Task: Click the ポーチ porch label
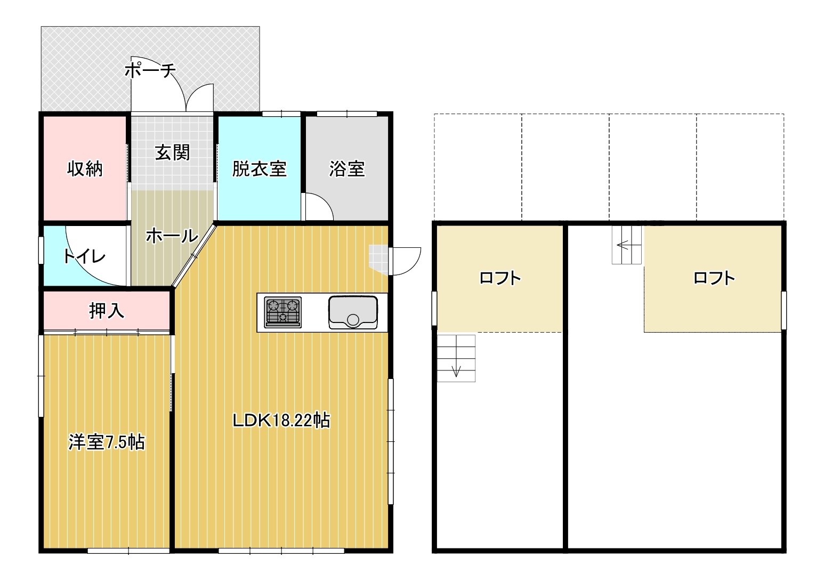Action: click(x=150, y=70)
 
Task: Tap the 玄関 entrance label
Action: click(x=172, y=152)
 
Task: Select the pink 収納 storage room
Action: click(x=85, y=168)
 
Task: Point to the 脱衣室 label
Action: click(x=260, y=169)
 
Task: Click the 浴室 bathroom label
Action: click(x=347, y=169)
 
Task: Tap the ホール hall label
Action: click(x=172, y=236)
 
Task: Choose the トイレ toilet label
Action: click(x=84, y=256)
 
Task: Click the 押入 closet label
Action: click(x=107, y=311)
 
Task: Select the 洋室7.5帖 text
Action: click(x=107, y=442)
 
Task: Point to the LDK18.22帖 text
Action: click(x=281, y=420)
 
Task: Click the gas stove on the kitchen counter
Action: click(x=282, y=312)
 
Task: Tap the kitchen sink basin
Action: click(x=353, y=312)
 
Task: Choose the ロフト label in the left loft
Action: click(x=500, y=278)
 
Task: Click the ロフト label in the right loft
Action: click(x=714, y=278)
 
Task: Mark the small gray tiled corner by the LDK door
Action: click(x=378, y=259)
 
